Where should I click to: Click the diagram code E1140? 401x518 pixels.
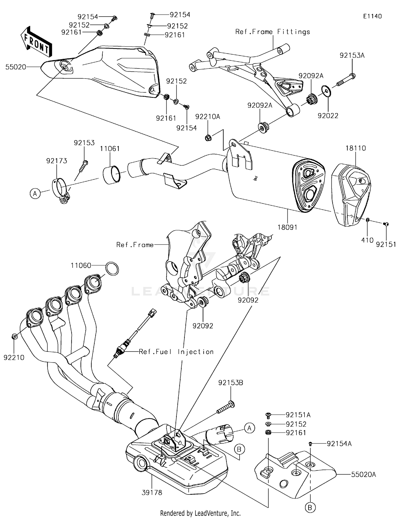[x=372, y=16]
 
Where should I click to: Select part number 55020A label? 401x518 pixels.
[x=363, y=474]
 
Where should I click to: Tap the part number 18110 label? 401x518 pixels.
[x=356, y=148]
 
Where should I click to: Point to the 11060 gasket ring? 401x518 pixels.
[x=112, y=269]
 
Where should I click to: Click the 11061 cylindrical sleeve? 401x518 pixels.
[x=111, y=175]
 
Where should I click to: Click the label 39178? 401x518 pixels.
[x=152, y=493]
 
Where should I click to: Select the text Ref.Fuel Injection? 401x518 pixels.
[x=176, y=352]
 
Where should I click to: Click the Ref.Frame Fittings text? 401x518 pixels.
[x=272, y=32]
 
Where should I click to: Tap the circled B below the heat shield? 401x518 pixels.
[x=310, y=507]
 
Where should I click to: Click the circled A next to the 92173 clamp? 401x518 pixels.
[x=35, y=193]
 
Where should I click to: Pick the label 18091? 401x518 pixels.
[x=287, y=227]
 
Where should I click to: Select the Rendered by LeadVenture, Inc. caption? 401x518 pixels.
[x=200, y=513]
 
